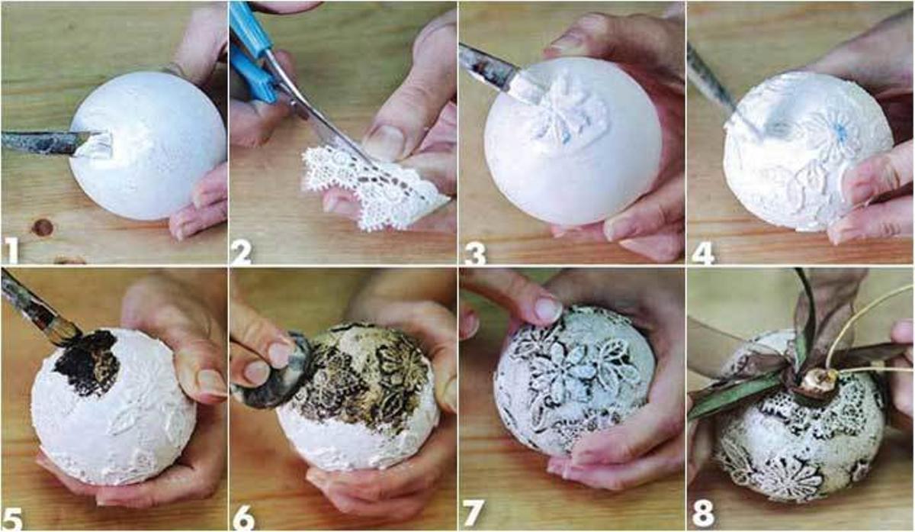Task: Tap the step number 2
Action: pos(242,249)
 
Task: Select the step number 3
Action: pos(474,250)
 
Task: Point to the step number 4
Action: pos(702,250)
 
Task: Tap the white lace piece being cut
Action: pos(366,191)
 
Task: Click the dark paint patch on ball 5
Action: pos(85,363)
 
